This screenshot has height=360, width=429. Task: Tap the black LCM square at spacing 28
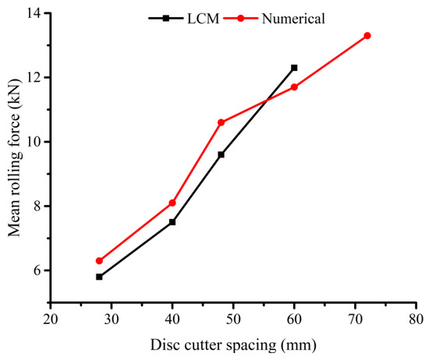pyautogui.click(x=99, y=277)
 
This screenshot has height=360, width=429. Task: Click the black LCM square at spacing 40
pyautogui.click(x=172, y=222)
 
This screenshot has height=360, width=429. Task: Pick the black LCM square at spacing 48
pyautogui.click(x=221, y=154)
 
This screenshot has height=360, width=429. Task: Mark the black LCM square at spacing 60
pyautogui.click(x=294, y=68)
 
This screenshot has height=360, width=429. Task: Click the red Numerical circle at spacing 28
pyautogui.click(x=99, y=260)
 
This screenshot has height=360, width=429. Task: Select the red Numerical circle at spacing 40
pyautogui.click(x=172, y=203)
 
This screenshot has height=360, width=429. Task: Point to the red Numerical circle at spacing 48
pyautogui.click(x=221, y=122)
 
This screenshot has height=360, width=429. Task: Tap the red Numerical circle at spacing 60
pyautogui.click(x=294, y=86)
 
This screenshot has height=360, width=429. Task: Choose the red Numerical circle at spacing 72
pyautogui.click(x=367, y=35)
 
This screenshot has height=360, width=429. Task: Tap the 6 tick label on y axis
pyautogui.click(x=36, y=270)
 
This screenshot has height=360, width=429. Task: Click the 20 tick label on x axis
pyautogui.click(x=50, y=320)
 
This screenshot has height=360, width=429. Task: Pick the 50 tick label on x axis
pyautogui.click(x=233, y=320)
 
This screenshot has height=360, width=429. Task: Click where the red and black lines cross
pyautogui.click(x=268, y=99)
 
